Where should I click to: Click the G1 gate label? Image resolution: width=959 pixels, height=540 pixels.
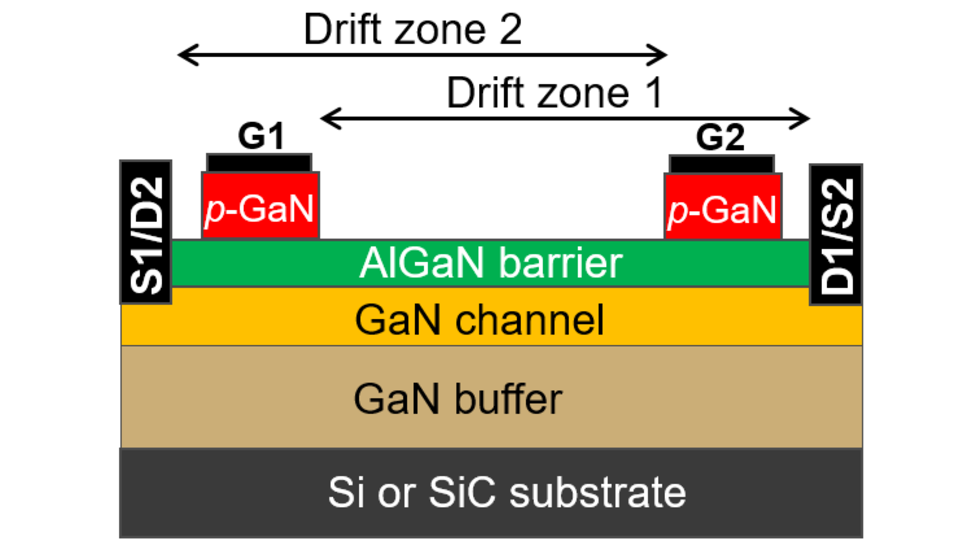click(x=261, y=136)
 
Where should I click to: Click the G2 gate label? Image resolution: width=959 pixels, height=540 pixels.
click(x=720, y=137)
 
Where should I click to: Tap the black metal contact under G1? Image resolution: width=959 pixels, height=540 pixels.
click(x=259, y=163)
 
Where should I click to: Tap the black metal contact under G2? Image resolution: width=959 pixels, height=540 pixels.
click(x=722, y=164)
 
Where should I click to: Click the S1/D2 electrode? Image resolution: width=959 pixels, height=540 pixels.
click(x=146, y=233)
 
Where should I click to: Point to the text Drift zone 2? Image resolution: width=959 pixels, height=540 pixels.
click(x=413, y=30)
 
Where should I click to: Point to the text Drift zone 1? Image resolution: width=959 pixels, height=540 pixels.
click(x=554, y=93)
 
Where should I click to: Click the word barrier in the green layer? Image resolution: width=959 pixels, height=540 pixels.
click(x=560, y=263)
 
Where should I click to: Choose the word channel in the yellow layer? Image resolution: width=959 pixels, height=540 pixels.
click(x=529, y=320)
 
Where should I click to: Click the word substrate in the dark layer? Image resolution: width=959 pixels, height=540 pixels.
click(x=597, y=493)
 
